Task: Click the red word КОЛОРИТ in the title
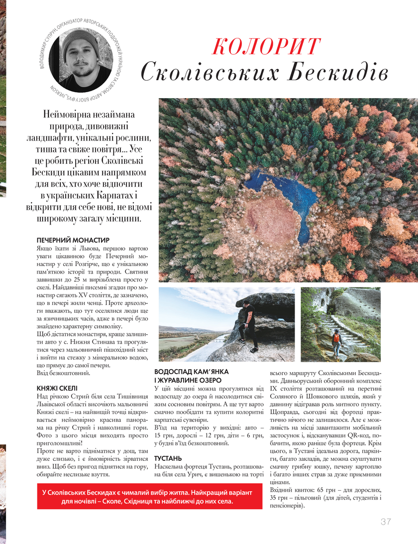pos(265,46)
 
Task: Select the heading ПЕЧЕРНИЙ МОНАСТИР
pos(73,240)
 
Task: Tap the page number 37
pos(386,522)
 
